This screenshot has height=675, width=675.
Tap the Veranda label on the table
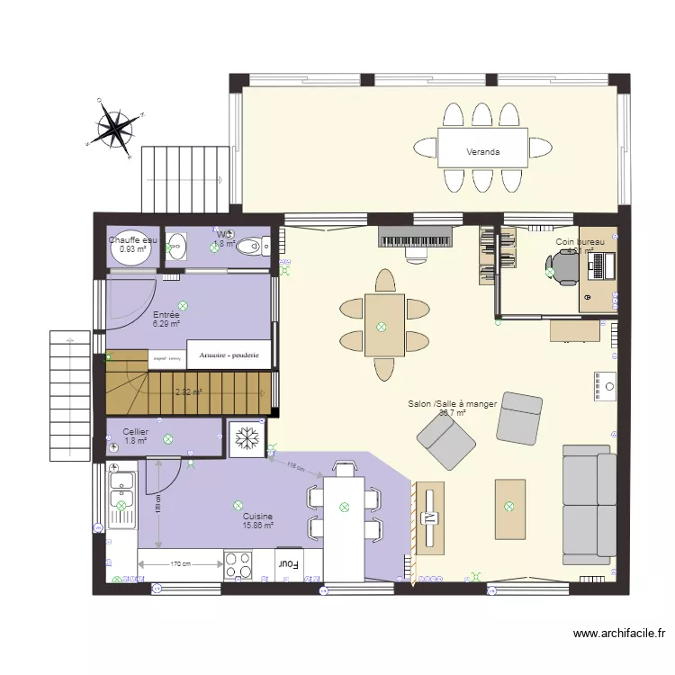[x=482, y=152]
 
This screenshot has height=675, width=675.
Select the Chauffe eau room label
[x=133, y=240]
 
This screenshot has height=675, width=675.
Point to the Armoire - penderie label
[x=229, y=355]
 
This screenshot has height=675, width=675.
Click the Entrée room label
[x=166, y=315]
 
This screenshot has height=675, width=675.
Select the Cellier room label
[x=136, y=432]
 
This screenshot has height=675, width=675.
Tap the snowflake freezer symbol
[x=246, y=438]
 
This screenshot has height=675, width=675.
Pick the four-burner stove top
[x=239, y=564]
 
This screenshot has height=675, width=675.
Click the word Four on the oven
[x=289, y=564]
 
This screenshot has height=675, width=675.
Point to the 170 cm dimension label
[x=180, y=564]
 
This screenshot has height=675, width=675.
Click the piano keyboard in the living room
[x=415, y=237]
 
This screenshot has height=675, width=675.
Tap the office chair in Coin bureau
[x=563, y=266]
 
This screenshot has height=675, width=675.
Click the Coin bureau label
[x=580, y=243]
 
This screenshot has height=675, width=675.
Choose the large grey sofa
[x=589, y=505]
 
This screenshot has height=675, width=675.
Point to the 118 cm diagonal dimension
[x=294, y=467]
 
